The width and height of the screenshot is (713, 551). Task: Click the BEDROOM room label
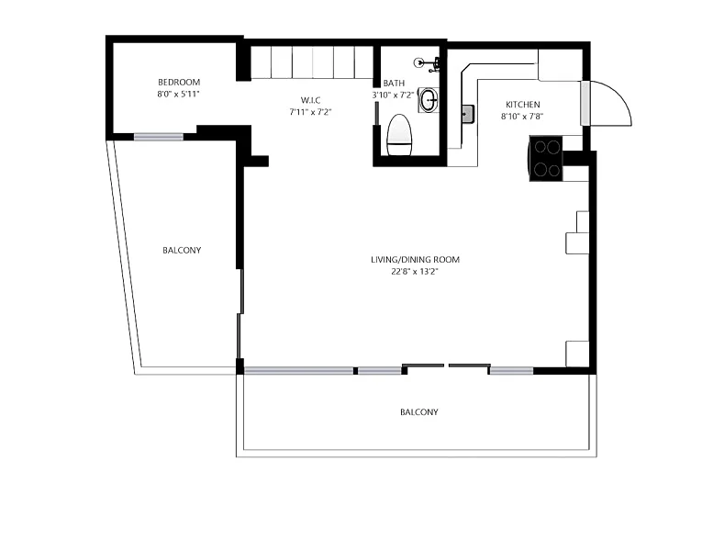pyautogui.click(x=179, y=83)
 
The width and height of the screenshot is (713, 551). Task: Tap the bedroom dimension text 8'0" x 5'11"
pyautogui.click(x=179, y=95)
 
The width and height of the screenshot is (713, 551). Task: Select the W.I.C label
pyautogui.click(x=310, y=100)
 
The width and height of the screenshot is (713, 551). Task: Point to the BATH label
pyautogui.click(x=394, y=84)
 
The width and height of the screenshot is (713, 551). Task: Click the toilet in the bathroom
pyautogui.click(x=399, y=135)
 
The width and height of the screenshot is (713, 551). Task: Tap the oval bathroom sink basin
pyautogui.click(x=429, y=100)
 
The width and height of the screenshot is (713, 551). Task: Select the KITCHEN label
pyautogui.click(x=523, y=104)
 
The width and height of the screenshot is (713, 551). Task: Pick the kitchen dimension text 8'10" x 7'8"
pyautogui.click(x=522, y=116)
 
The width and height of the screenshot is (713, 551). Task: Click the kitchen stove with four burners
pyautogui.click(x=546, y=158)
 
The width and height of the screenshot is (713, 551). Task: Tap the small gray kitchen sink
pyautogui.click(x=468, y=114)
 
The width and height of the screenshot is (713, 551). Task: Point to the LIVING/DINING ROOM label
pyautogui.click(x=415, y=260)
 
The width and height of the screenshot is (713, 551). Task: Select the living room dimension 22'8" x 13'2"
pyautogui.click(x=415, y=272)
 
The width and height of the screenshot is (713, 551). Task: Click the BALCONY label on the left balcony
pyautogui.click(x=182, y=251)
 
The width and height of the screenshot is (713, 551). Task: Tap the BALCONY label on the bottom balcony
pyautogui.click(x=419, y=412)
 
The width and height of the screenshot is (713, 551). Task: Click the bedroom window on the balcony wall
pyautogui.click(x=158, y=137)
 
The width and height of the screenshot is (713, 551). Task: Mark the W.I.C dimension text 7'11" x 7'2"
pyautogui.click(x=310, y=112)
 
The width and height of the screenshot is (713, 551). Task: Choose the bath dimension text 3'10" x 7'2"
pyautogui.click(x=394, y=96)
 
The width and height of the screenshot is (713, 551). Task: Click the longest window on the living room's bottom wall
pyautogui.click(x=299, y=371)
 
